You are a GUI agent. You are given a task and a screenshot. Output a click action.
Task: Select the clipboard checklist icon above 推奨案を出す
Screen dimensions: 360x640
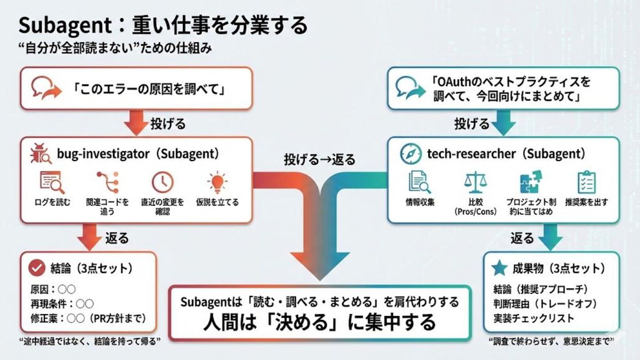[x=586, y=182]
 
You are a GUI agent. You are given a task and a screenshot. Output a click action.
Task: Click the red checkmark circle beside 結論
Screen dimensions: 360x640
[x=37, y=268]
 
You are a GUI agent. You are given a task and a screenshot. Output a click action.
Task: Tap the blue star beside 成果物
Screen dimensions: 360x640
[x=500, y=268]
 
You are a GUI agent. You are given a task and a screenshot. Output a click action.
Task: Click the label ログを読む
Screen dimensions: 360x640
[x=52, y=202]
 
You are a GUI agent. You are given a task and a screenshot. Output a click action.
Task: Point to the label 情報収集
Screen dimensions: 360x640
[x=420, y=202]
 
